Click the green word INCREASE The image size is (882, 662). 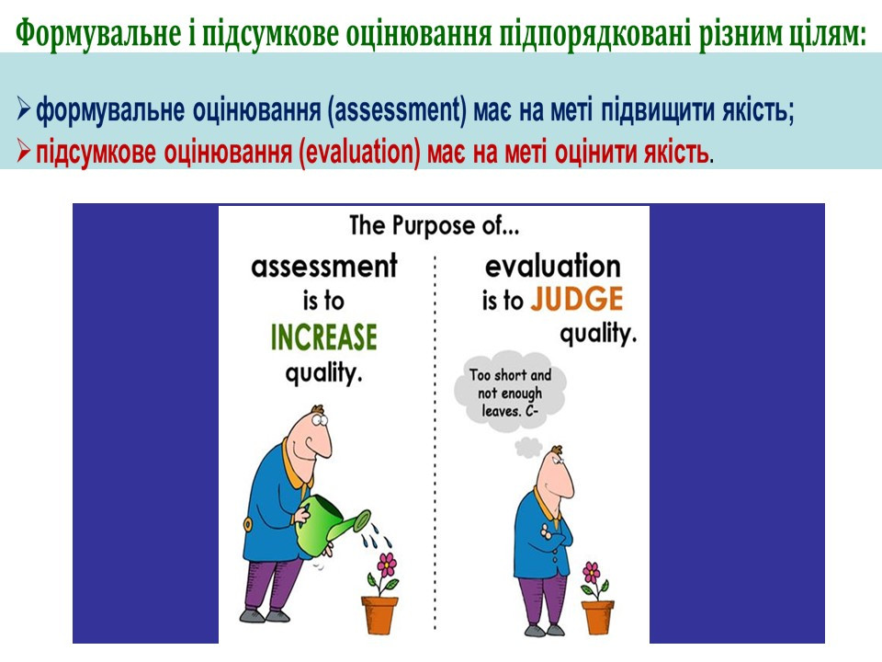tap(324, 337)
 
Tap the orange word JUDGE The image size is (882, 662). tap(577, 299)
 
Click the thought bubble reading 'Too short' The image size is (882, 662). tap(510, 393)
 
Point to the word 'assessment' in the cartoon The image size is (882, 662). tap(324, 266)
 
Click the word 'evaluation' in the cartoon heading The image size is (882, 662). tap(553, 266)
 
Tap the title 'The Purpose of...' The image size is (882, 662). tap(435, 226)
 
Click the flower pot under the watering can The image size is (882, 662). tap(379, 615)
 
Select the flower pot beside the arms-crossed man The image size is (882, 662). tap(597, 618)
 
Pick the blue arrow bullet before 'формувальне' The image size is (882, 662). tap(23, 108)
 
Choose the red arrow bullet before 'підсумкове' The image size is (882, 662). tap(23, 151)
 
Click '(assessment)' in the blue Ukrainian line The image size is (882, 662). tap(397, 109)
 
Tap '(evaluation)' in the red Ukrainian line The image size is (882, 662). tap(359, 153)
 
